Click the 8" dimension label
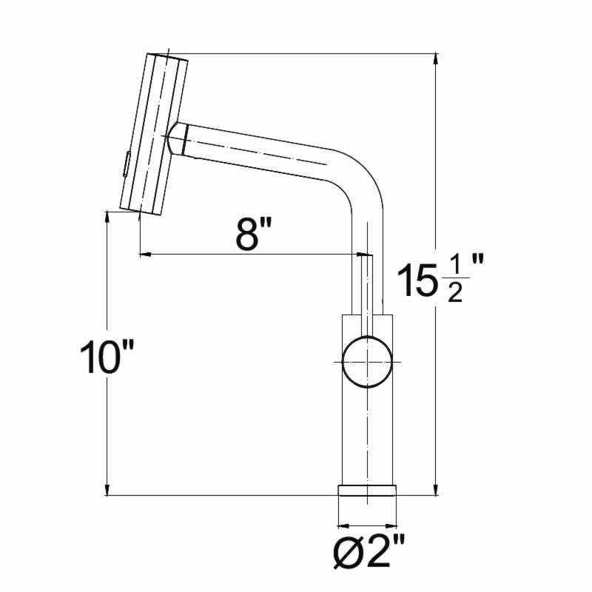click(254, 234)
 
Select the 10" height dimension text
click(107, 357)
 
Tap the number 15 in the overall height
click(415, 280)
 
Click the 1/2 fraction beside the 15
click(455, 280)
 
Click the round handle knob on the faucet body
click(367, 362)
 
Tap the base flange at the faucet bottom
click(367, 490)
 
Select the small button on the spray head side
click(127, 164)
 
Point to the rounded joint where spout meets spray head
click(177, 138)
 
